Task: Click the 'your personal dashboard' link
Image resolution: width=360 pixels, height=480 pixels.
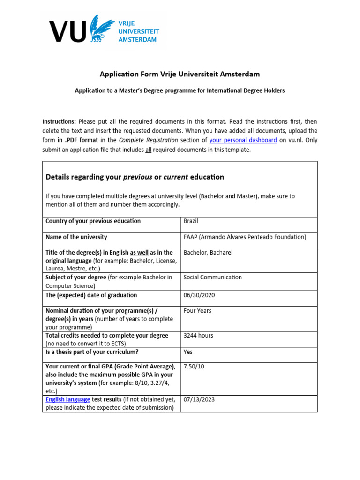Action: (x=243, y=140)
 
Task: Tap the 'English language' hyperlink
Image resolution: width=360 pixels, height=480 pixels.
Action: (x=68, y=399)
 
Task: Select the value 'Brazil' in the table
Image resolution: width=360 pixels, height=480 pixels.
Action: (x=192, y=221)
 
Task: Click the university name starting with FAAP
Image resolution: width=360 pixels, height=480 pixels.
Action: (x=245, y=237)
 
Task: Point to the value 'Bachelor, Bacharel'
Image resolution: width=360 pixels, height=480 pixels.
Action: (x=208, y=253)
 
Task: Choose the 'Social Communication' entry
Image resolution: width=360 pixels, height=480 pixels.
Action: (x=213, y=277)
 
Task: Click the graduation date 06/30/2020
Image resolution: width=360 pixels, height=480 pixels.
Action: (x=200, y=295)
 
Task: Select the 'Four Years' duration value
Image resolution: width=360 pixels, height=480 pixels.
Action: (x=197, y=311)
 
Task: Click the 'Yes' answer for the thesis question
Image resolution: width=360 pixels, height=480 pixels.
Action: (x=188, y=352)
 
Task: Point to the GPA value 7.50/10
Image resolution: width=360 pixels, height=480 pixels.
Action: (x=195, y=367)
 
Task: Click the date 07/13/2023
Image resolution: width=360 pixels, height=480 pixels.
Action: (x=200, y=399)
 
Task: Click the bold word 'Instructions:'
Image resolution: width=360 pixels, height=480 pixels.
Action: (x=59, y=121)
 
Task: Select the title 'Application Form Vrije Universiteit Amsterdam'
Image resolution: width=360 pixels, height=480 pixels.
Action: (x=180, y=74)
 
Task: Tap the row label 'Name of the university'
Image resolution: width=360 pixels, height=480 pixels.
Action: (x=76, y=237)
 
